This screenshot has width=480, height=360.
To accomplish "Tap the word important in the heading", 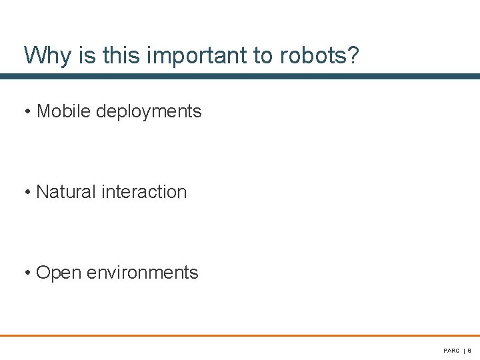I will (x=197, y=56).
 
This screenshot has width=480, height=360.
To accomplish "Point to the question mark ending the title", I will (x=353, y=56).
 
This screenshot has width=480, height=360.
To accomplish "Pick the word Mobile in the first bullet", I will (x=63, y=111).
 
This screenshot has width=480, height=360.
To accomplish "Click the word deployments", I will (x=149, y=112).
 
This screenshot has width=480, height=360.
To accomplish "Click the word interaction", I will (x=145, y=192).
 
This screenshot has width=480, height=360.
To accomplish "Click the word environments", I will (x=143, y=273).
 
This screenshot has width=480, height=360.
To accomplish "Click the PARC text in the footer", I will (x=451, y=351).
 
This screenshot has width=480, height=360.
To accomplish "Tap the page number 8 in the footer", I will (x=469, y=351).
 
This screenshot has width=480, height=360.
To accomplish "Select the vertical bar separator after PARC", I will (x=464, y=351).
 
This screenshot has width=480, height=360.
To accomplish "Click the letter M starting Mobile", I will (x=43, y=111).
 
